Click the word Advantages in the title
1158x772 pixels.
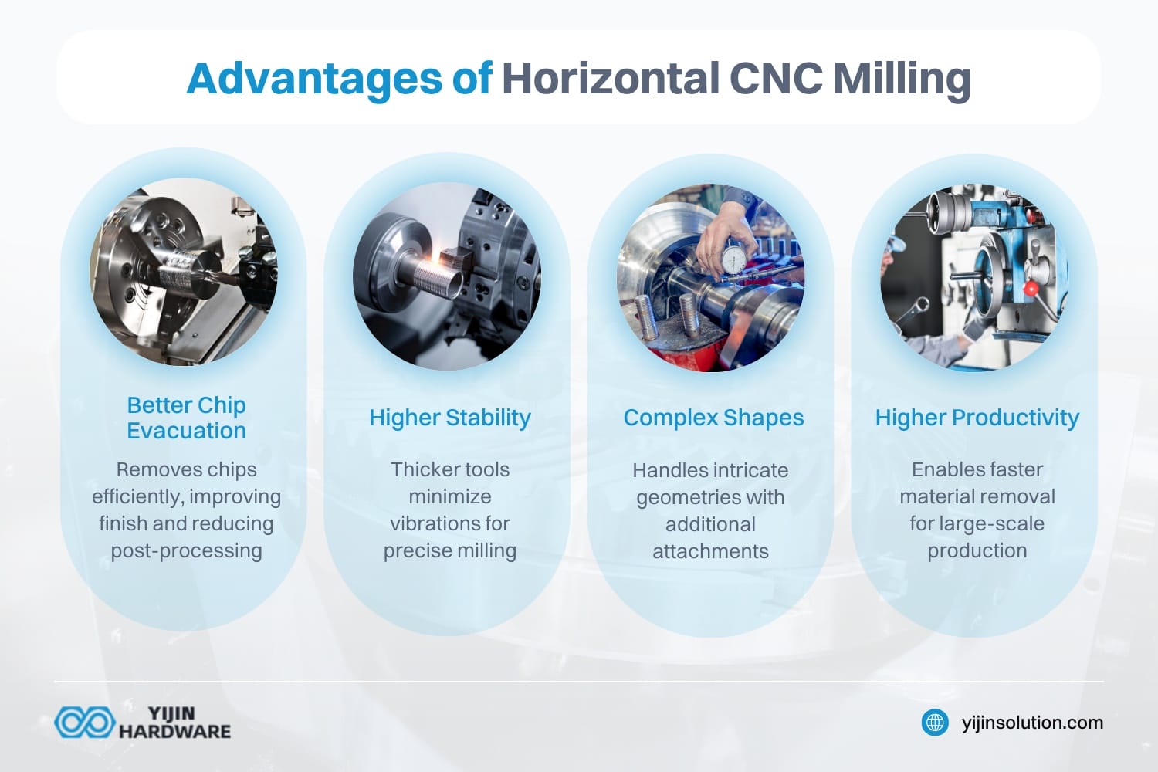(314, 79)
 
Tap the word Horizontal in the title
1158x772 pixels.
(610, 79)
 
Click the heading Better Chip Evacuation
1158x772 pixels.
(186, 418)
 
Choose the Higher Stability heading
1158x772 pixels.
(450, 418)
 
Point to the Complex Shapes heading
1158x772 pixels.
(713, 418)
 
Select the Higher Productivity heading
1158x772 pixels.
(977, 418)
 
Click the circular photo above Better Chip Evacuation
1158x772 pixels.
(184, 276)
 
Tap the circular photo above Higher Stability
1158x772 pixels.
(447, 276)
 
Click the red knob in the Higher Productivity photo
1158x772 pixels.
(1030, 288)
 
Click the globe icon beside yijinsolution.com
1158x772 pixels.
(935, 723)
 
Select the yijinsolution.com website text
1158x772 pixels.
(1032, 723)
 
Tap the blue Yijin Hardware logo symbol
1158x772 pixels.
(83, 723)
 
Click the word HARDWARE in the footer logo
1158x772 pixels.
(174, 731)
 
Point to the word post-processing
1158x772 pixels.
(186, 550)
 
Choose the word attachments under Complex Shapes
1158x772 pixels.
(710, 551)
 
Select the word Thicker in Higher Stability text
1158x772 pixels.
(421, 469)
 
